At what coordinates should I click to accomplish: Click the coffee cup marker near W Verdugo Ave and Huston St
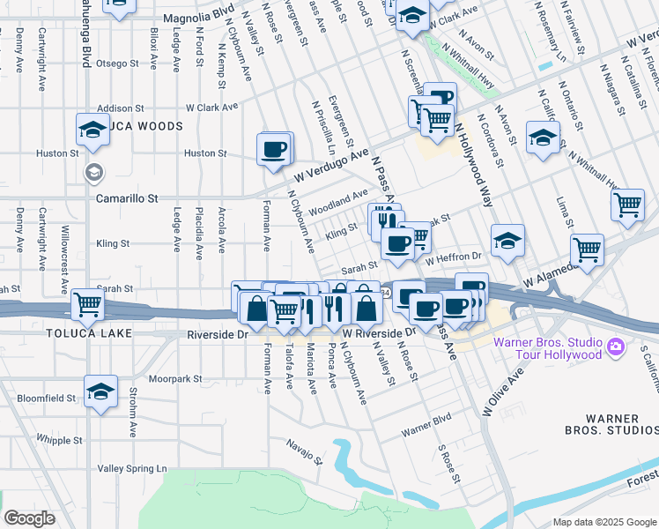(274, 148)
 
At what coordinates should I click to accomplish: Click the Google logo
(29, 518)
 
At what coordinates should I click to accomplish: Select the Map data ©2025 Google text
(603, 522)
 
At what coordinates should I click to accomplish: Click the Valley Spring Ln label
(131, 468)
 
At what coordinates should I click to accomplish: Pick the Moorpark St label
(175, 378)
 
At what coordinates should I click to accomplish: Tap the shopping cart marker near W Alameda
(586, 249)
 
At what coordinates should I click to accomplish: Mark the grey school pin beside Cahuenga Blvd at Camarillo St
(93, 172)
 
